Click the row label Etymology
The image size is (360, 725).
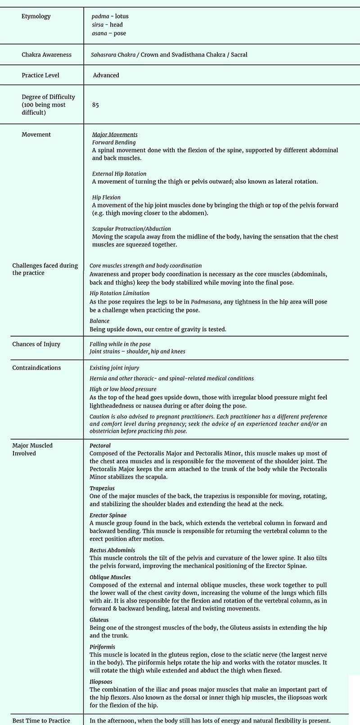pyautogui.click(x=36, y=17)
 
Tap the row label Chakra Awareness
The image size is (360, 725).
pyautogui.click(x=46, y=55)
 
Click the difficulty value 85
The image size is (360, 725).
pyautogui.click(x=95, y=105)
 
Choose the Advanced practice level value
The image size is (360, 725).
pyautogui.click(x=106, y=76)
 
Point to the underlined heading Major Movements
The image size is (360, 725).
pyautogui.click(x=115, y=135)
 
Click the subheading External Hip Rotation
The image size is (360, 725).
pyautogui.click(x=119, y=174)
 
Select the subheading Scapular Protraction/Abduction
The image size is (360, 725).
pyautogui.click(x=131, y=229)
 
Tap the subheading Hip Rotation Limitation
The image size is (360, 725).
pyautogui.click(x=119, y=293)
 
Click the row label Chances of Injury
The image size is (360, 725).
pyautogui.click(x=36, y=344)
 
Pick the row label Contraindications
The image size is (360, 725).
pyautogui.click(x=36, y=368)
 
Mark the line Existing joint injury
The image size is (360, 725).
pyautogui.click(x=114, y=368)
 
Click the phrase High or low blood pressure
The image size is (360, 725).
pyautogui.click(x=123, y=389)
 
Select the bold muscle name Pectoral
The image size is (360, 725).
pyautogui.click(x=100, y=446)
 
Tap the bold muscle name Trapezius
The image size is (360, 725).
pyautogui.click(x=102, y=488)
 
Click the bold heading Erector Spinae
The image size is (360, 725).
pyautogui.click(x=108, y=515)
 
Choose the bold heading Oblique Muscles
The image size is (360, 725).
pyautogui.click(x=110, y=577)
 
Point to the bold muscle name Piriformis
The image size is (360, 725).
pyautogui.click(x=102, y=647)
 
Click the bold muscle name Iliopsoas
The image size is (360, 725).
pyautogui.click(x=101, y=682)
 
